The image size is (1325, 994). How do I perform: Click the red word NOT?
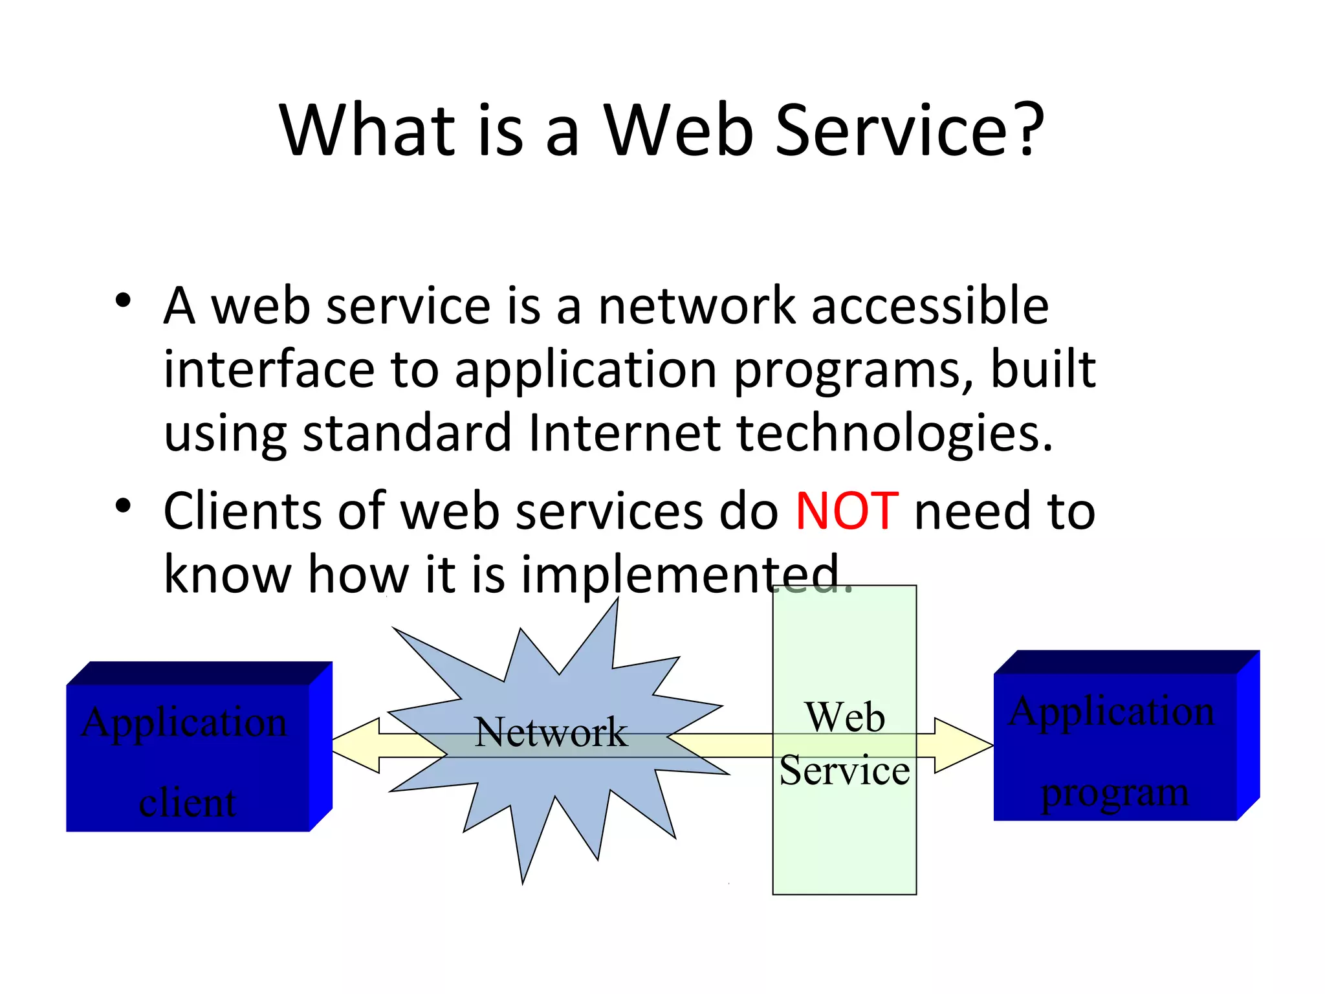click(846, 511)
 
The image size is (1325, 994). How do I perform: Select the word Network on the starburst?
click(551, 733)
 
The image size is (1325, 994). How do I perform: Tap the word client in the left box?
click(188, 803)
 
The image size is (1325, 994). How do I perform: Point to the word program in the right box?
click(1115, 793)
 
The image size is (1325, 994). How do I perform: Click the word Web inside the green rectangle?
click(845, 717)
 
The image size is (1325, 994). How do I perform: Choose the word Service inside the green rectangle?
click(844, 771)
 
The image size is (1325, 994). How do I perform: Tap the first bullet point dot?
click(123, 300)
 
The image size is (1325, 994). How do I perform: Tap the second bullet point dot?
click(123, 505)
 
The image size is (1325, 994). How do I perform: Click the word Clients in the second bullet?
click(243, 511)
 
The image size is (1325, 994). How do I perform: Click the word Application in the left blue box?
click(184, 722)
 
